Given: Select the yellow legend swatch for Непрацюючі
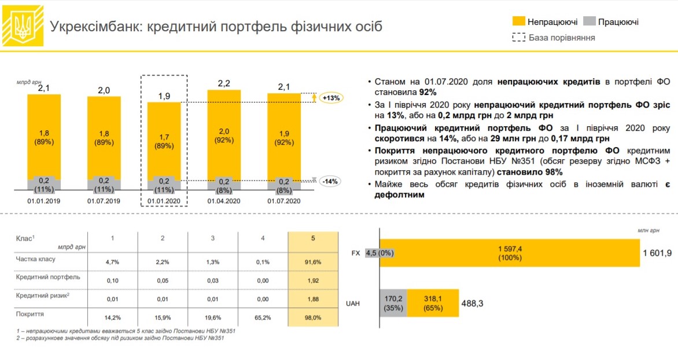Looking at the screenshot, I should [518, 22].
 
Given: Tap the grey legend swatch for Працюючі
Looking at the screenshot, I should [589, 22].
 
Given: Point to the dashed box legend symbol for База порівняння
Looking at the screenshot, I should [518, 38].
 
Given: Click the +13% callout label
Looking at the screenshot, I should [332, 98].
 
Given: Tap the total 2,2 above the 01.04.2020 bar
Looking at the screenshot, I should [224, 83].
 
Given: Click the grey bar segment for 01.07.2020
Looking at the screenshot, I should [284, 183].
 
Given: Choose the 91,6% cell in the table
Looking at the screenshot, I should [312, 262].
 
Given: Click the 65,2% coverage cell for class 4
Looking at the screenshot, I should [263, 317].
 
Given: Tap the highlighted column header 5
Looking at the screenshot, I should [312, 238].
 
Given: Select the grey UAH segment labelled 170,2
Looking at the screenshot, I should [393, 303].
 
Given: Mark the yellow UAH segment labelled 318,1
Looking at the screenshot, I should [433, 303].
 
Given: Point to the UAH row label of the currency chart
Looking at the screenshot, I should [352, 303].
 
